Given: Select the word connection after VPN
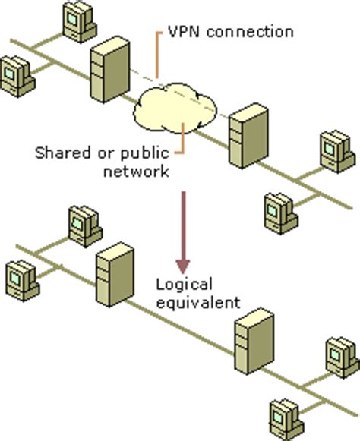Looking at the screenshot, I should click(x=245, y=33).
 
